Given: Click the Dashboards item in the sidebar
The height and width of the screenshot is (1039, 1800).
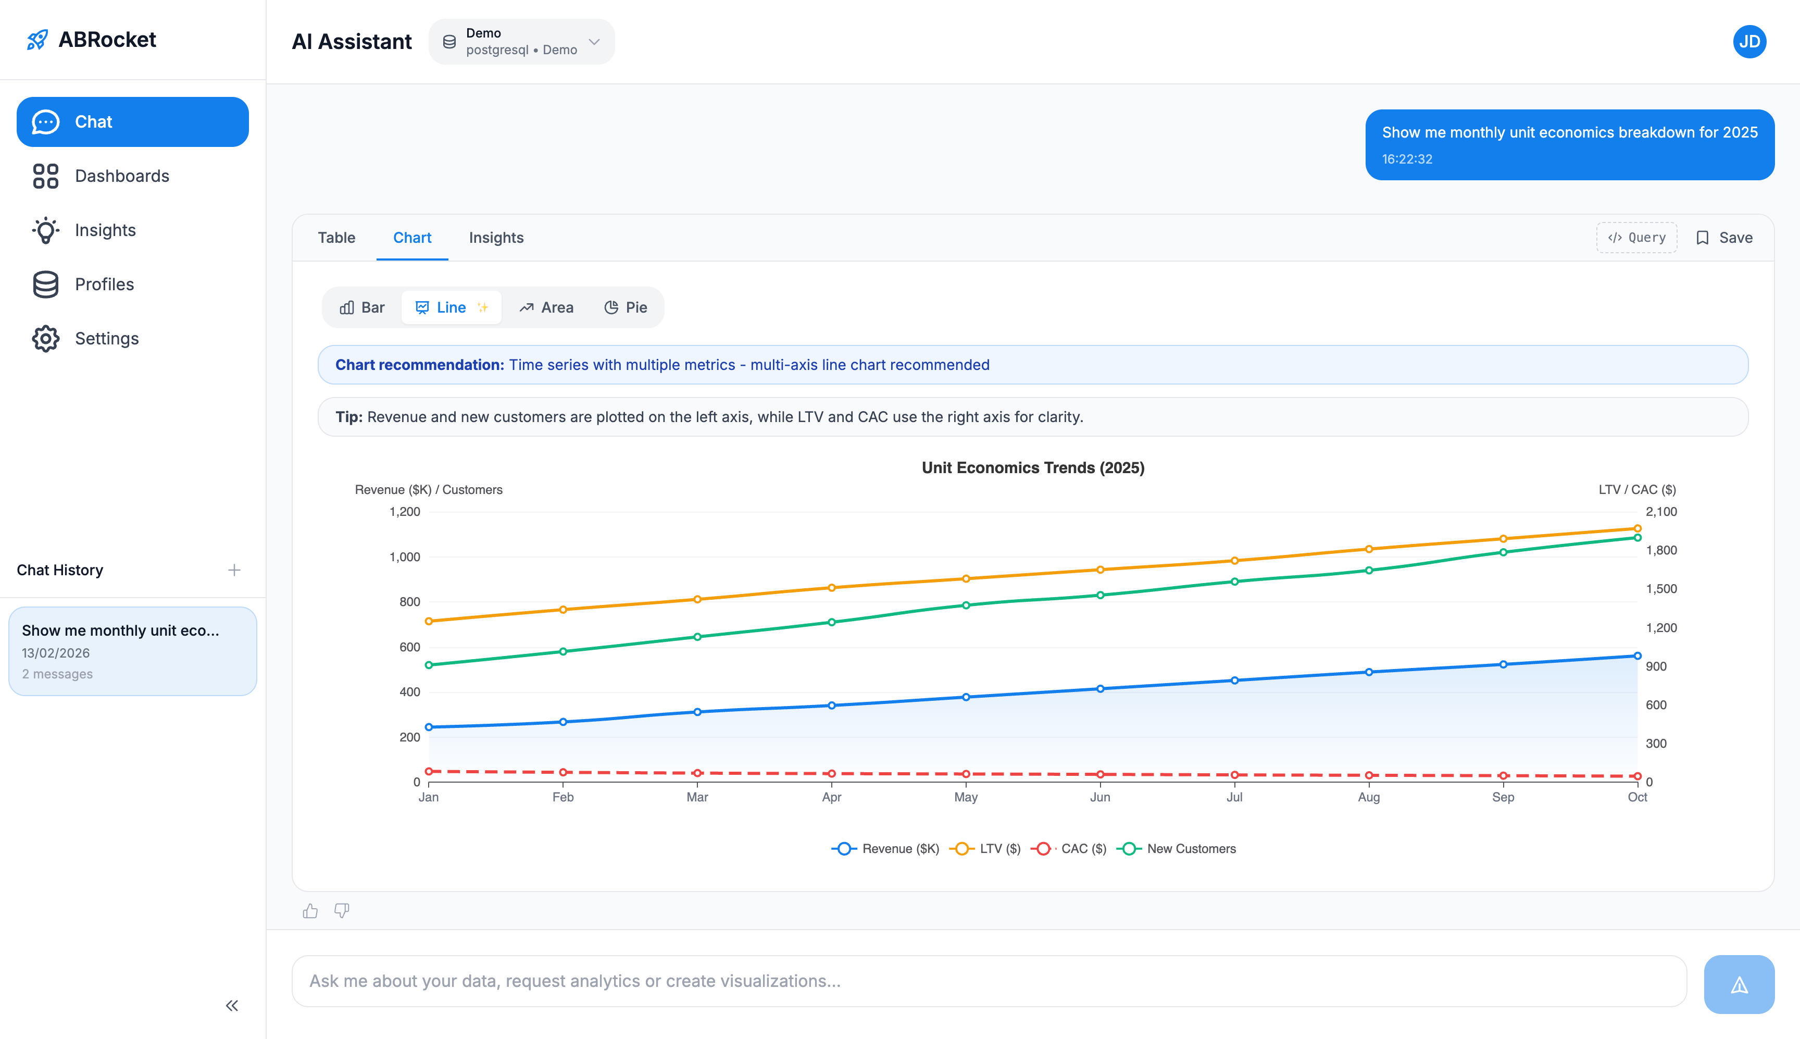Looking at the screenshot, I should (122, 176).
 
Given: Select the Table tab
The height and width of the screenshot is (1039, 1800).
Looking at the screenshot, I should (336, 238).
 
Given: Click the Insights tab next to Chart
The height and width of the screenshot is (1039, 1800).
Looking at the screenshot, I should (496, 238).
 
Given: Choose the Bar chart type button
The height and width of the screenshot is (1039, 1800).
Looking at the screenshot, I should (362, 307).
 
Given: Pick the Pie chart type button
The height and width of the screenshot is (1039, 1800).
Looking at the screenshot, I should (626, 307).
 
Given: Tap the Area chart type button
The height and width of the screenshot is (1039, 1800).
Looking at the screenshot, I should (546, 307).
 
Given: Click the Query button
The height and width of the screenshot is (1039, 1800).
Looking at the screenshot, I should (1636, 238).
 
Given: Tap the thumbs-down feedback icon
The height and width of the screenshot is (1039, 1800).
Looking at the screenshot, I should (342, 910).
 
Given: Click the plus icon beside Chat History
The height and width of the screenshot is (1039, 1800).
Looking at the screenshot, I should (234, 570).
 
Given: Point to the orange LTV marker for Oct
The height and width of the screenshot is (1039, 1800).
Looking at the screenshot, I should (1638, 529).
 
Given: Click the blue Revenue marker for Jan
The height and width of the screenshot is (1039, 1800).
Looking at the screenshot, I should (429, 727).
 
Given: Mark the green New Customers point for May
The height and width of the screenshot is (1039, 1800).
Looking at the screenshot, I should (966, 605).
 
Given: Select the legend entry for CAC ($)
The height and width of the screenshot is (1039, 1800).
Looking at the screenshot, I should (1069, 848).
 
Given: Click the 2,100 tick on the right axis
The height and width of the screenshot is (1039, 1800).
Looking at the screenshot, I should (1661, 512).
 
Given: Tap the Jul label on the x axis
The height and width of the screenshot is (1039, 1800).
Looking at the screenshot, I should (1234, 797).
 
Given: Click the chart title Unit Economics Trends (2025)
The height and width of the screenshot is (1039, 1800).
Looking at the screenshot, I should (1033, 467).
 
